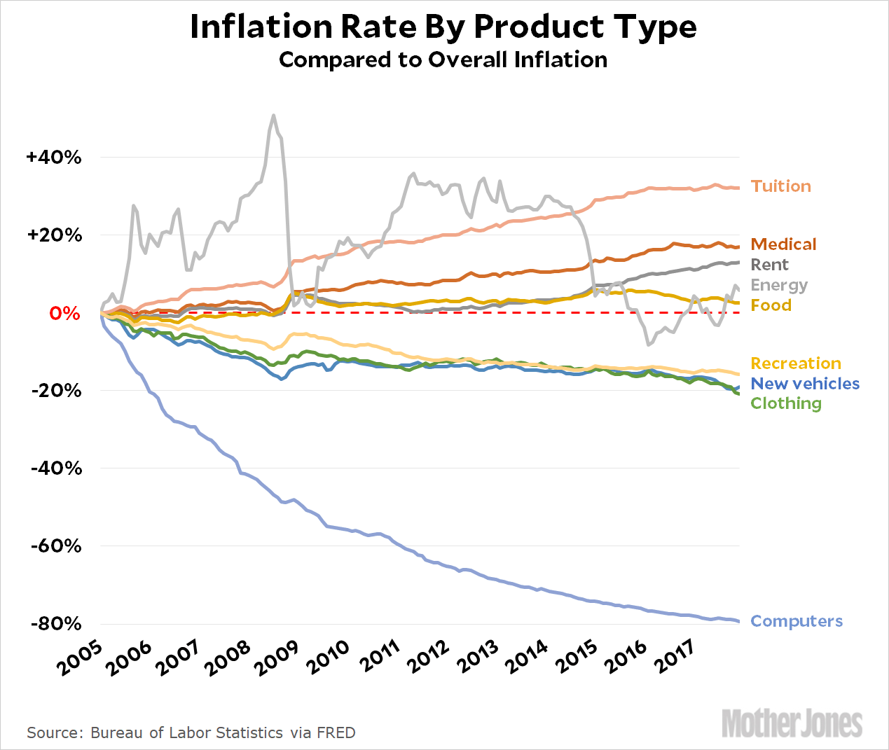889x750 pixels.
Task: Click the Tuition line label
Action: click(780, 186)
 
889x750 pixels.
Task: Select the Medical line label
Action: click(783, 244)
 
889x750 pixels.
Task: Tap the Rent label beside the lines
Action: click(769, 265)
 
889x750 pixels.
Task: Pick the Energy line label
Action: click(779, 285)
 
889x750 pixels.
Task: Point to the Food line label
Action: click(771, 305)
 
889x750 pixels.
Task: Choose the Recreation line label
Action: click(795, 363)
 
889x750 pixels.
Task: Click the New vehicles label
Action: click(804, 384)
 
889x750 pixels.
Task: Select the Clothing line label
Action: click(785, 403)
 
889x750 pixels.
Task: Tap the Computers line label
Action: click(796, 621)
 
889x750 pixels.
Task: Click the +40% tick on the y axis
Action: click(54, 158)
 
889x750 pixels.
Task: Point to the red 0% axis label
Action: click(64, 313)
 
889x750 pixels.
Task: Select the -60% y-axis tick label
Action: click(57, 546)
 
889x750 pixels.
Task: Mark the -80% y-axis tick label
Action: click(57, 624)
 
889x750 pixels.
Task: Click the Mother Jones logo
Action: click(792, 723)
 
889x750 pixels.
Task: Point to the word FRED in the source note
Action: click(336, 732)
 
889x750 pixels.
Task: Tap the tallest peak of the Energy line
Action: click(273, 116)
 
